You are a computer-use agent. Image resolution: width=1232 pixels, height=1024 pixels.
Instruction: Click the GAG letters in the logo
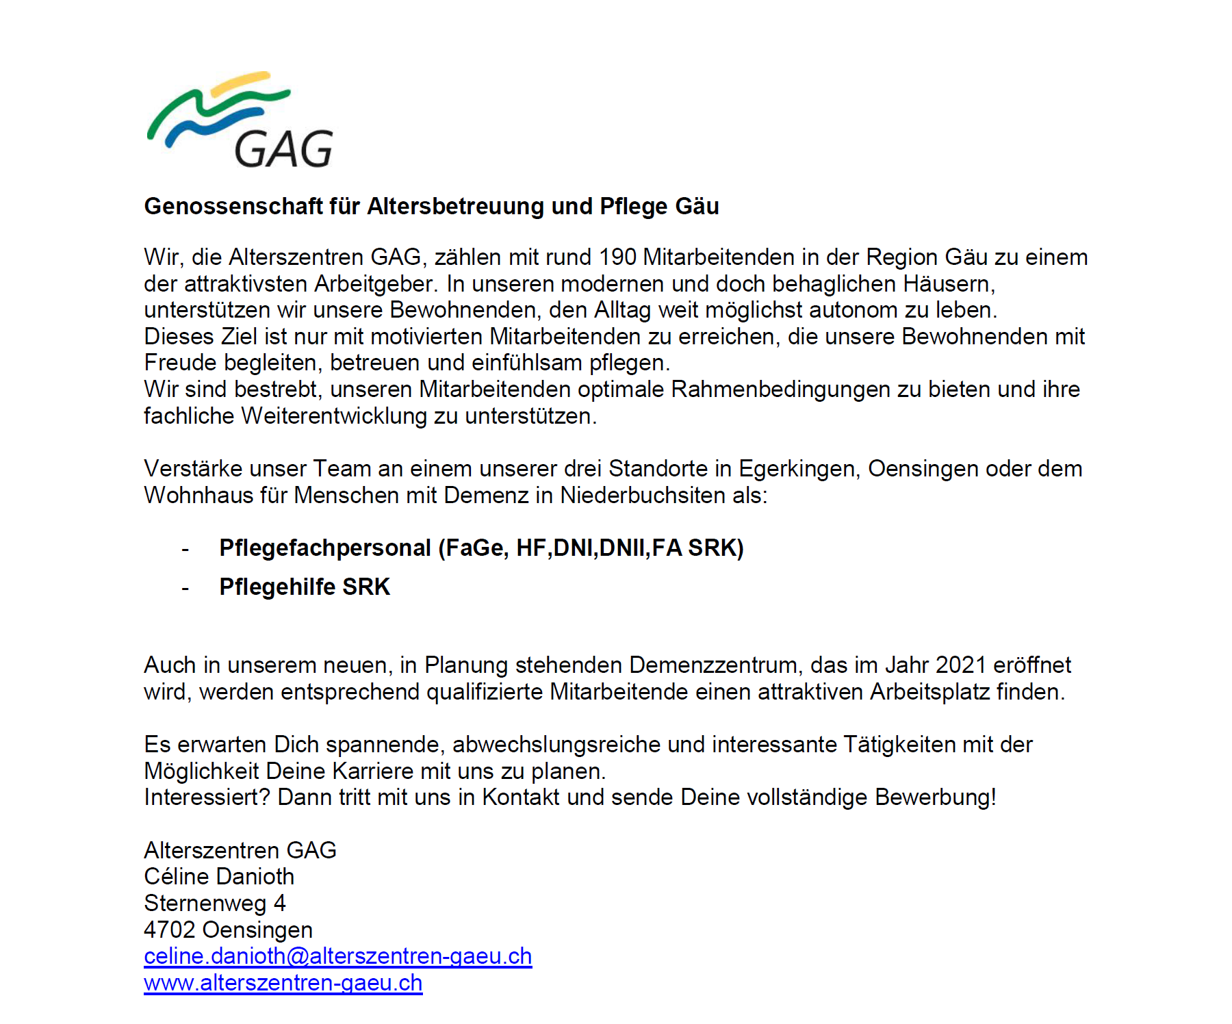(283, 149)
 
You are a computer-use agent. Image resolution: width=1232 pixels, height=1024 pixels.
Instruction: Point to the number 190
(617, 257)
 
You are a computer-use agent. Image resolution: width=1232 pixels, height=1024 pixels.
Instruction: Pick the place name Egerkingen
(797, 469)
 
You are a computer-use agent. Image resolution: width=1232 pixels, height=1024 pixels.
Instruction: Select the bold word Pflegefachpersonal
(325, 548)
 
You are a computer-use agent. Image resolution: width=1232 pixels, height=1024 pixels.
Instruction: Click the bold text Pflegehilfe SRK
(305, 587)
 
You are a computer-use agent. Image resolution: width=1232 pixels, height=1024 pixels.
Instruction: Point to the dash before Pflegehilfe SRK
(185, 588)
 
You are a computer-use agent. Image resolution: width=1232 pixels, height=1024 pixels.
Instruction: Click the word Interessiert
(207, 797)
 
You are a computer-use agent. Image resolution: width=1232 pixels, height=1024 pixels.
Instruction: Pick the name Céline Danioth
(219, 877)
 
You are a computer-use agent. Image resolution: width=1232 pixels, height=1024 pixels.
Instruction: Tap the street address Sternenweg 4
(215, 904)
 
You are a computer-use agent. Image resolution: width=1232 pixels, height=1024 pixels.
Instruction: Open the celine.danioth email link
(337, 956)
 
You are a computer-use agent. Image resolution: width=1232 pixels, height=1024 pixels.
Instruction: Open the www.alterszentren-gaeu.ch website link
(283, 983)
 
